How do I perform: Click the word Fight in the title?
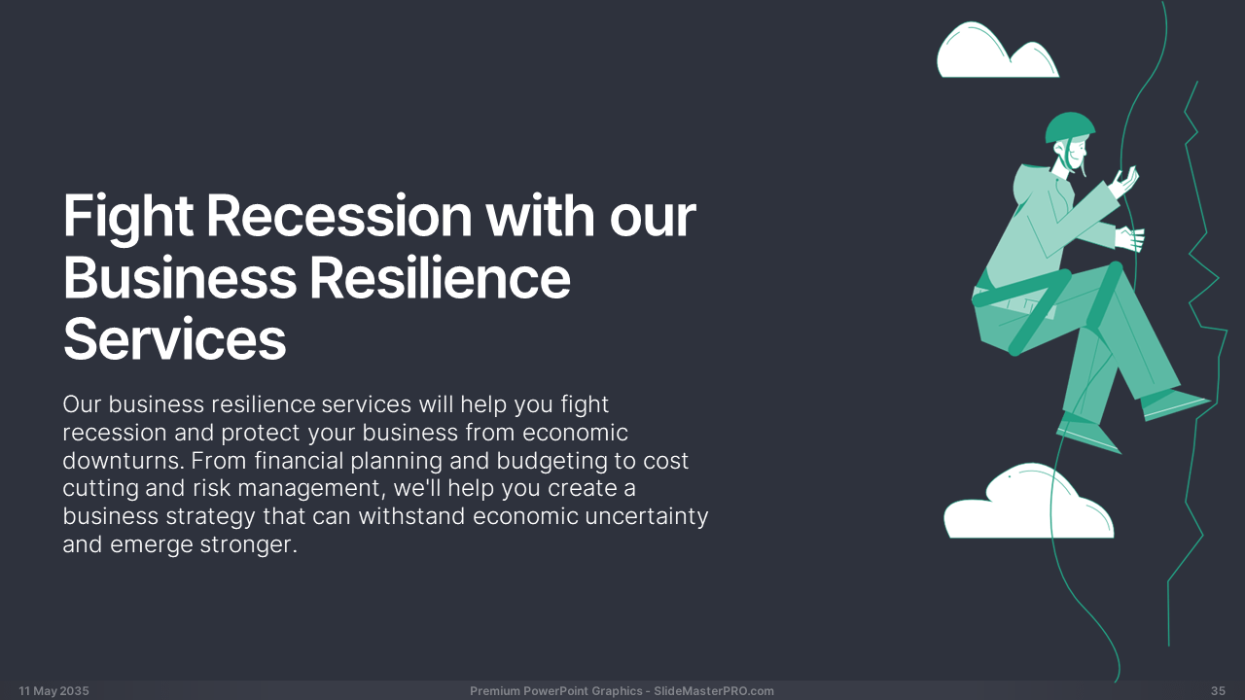[127, 218]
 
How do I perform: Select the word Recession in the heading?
[339, 216]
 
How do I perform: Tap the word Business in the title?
[180, 277]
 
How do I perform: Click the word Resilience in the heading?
[440, 277]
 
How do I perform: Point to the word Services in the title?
[174, 339]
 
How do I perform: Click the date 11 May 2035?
[53, 690]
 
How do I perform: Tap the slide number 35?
[1218, 690]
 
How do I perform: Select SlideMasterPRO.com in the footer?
[714, 690]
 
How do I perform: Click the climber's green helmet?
[1069, 126]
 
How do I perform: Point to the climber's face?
[1076, 156]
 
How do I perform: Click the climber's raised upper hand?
[1123, 182]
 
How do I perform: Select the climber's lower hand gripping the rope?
[1129, 239]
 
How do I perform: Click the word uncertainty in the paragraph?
[647, 516]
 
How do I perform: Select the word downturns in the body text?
[123, 461]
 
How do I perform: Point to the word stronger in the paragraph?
[248, 545]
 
